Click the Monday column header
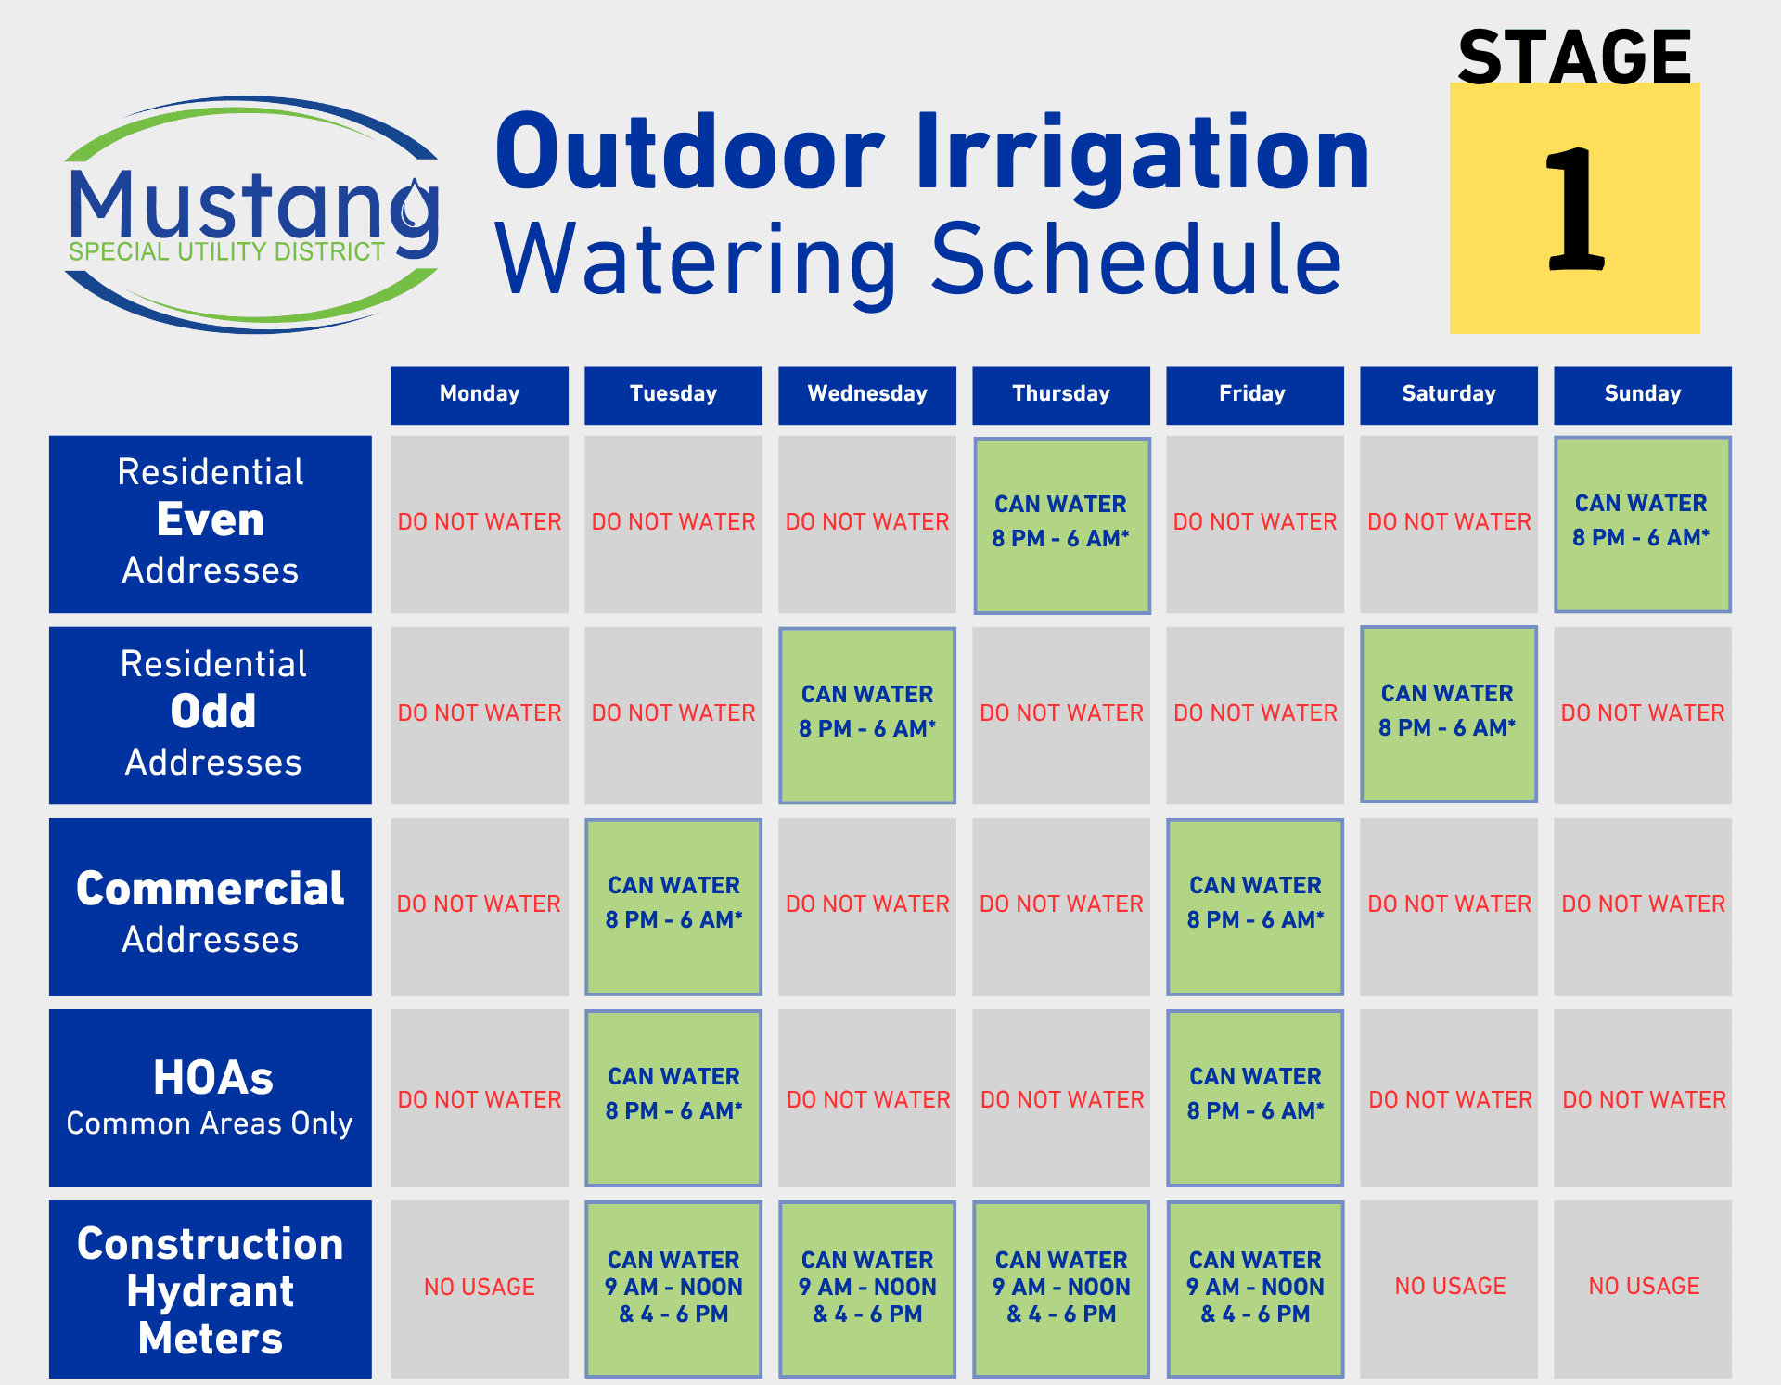coord(479,394)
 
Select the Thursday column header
coord(1060,394)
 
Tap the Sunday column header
coord(1642,394)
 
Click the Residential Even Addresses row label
coord(211,523)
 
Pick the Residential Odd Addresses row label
coord(211,714)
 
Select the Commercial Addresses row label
coord(211,906)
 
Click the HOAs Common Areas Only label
coord(211,1097)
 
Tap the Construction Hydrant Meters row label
coord(211,1289)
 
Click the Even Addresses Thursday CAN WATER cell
coord(1061,524)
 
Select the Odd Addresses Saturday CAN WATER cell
coord(1448,713)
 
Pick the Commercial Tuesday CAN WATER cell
coord(673,905)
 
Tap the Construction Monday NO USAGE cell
coord(479,1288)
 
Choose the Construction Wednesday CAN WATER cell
coord(867,1288)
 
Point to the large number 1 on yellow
coord(1574,212)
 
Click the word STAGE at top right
coord(1574,58)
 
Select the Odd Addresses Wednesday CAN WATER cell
coord(867,713)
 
